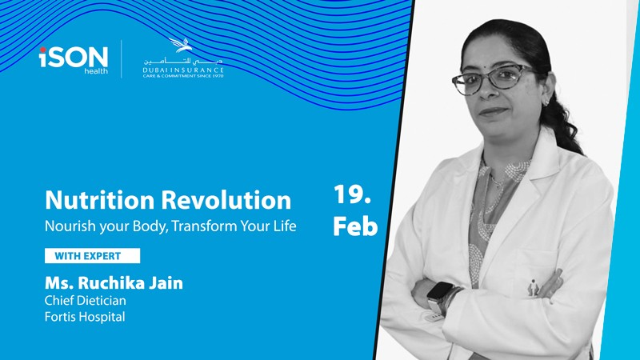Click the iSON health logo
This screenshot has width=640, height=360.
point(74,60)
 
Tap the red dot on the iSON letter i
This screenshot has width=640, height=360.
point(43,50)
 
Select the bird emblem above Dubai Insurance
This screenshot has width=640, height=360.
point(181,45)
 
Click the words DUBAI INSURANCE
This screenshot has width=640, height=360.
point(183,70)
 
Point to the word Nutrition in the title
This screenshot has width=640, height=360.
point(99,200)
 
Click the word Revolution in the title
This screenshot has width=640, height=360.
point(226,200)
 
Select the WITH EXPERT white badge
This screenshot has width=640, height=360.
point(92,256)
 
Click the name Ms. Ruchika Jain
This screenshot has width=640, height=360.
point(114,283)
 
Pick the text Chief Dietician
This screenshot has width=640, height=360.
point(86,301)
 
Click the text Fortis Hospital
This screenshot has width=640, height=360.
point(85,317)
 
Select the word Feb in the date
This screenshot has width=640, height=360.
point(355,226)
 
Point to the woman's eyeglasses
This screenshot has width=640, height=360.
point(494,78)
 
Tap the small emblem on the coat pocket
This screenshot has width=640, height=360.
point(533,288)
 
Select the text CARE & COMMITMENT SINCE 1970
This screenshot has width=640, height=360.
point(183,76)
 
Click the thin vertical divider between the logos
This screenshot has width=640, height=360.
point(122,58)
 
